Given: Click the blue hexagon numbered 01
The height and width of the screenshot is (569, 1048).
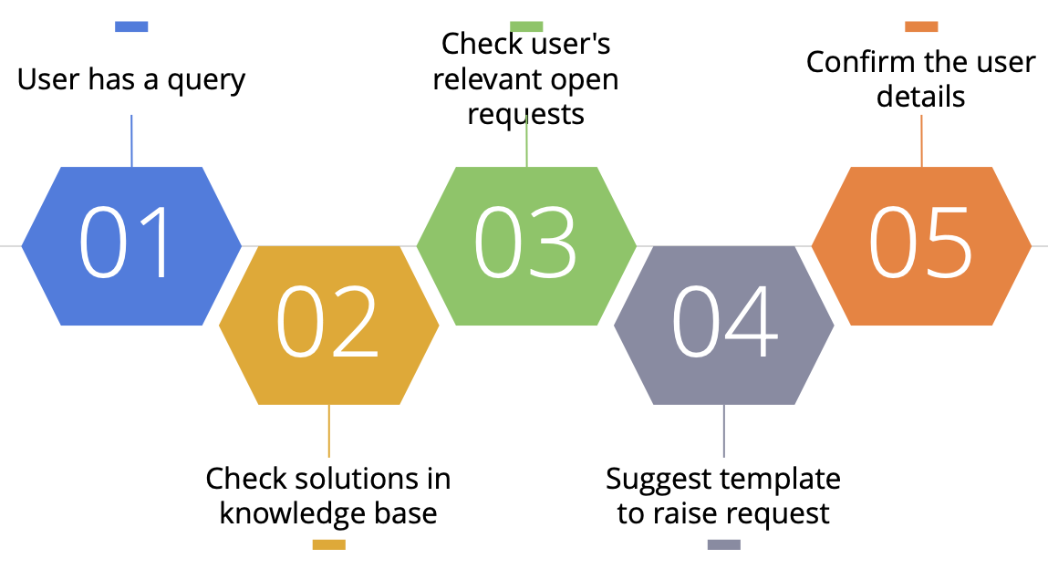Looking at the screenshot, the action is [x=131, y=246].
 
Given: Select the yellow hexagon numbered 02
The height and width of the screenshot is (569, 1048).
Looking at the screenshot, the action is [x=329, y=326].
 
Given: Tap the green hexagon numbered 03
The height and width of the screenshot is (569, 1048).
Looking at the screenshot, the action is [x=526, y=246].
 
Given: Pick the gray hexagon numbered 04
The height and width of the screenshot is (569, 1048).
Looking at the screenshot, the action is [x=724, y=326].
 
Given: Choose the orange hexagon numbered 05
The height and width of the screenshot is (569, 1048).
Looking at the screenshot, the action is [x=922, y=246].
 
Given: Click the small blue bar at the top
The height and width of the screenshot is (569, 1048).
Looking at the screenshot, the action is [x=131, y=26].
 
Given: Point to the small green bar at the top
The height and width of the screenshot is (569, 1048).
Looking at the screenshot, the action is [x=526, y=26].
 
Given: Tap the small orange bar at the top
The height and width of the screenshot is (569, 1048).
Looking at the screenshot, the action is [x=922, y=26].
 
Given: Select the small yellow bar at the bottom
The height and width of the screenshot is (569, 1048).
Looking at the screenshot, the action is [x=329, y=545].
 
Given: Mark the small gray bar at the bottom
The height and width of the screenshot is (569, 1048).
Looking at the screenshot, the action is [x=724, y=545].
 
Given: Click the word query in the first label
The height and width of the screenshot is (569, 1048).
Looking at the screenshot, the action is [x=206, y=81].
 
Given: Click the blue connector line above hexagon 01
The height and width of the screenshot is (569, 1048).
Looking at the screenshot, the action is [x=131, y=141].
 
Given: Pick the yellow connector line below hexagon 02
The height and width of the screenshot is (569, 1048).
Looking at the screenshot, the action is [x=329, y=430].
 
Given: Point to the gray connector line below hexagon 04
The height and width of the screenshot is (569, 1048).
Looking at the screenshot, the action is [x=724, y=430].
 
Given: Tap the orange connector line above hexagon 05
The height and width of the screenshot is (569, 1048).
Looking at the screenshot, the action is [x=922, y=141].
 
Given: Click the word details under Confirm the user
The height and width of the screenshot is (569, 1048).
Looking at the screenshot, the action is [x=921, y=97].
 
